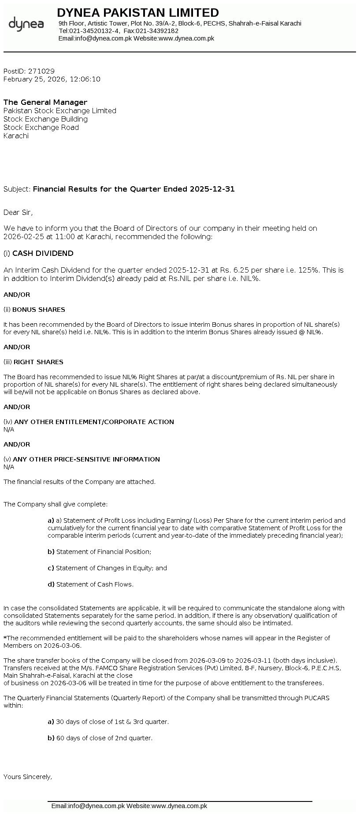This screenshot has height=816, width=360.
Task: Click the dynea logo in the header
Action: pyautogui.click(x=26, y=24)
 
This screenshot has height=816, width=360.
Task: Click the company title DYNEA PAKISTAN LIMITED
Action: pyautogui.click(x=138, y=12)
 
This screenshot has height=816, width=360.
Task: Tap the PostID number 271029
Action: pyautogui.click(x=41, y=71)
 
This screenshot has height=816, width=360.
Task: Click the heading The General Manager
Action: pyautogui.click(x=45, y=102)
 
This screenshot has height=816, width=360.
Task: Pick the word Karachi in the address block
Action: pyautogui.click(x=16, y=136)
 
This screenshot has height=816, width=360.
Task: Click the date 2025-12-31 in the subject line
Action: pyautogui.click(x=212, y=189)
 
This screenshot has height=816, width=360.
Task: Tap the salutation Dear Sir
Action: pyautogui.click(x=18, y=212)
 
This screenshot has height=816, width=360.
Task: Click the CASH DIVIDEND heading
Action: pyautogui.click(x=43, y=253)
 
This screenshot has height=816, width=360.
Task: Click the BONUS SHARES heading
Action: pyautogui.click(x=39, y=310)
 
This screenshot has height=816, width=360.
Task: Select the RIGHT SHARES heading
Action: pyautogui.click(x=38, y=362)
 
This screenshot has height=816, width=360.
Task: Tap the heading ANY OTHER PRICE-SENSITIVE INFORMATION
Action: pyautogui.click(x=86, y=459)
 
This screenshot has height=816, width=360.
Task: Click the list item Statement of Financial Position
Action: pyautogui.click(x=104, y=552)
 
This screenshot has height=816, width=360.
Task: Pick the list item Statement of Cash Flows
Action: pyautogui.click(x=95, y=584)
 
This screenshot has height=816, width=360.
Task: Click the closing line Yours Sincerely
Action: pyautogui.click(x=28, y=777)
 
